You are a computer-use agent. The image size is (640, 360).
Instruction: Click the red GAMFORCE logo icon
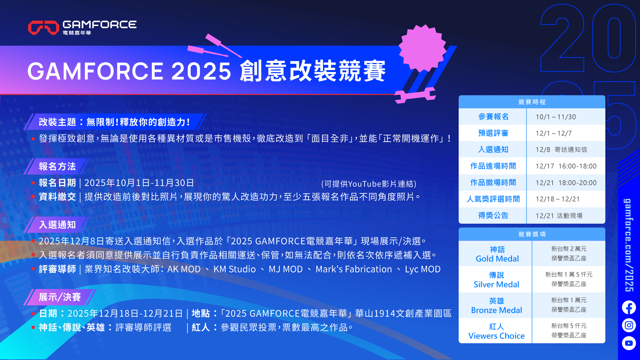44,28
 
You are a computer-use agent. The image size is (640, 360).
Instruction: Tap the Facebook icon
629,307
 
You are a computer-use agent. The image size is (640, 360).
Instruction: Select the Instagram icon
629,325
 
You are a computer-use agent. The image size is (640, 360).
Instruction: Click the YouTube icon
629,343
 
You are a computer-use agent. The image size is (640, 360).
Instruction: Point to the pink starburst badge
422,48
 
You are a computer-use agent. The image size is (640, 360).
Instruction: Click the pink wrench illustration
415,95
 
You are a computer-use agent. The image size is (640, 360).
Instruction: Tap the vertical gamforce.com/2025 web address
629,245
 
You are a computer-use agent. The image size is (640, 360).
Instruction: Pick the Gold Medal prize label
497,259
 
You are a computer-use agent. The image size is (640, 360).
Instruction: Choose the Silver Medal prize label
496,284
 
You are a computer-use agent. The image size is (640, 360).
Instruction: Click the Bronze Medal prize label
496,310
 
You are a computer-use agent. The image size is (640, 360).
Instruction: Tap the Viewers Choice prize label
496,336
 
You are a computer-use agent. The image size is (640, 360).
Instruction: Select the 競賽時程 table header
532,102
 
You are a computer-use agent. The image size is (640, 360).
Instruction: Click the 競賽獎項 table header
532,234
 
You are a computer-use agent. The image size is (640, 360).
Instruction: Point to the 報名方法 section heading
57,166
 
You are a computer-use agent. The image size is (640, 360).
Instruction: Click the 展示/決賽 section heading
60,297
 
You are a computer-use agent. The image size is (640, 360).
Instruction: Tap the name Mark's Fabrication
354,269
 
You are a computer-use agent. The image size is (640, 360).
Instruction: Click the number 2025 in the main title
201,71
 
